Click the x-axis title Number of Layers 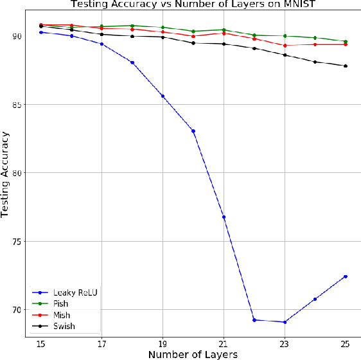click(x=193, y=354)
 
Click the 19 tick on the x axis click(x=163, y=343)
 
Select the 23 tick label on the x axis click(x=285, y=343)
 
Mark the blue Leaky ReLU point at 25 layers click(x=346, y=276)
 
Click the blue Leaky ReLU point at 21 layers click(x=224, y=217)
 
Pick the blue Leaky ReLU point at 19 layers click(x=163, y=96)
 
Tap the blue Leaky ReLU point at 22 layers click(x=254, y=319)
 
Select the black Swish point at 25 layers click(x=346, y=66)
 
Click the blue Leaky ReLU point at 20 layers click(x=193, y=131)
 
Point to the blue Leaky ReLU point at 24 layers click(x=315, y=299)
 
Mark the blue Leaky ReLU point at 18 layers click(x=132, y=62)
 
